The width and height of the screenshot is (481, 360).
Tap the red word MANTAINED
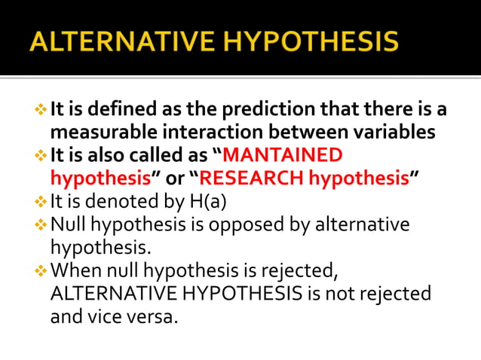coord(283,156)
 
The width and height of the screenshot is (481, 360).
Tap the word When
coord(73,270)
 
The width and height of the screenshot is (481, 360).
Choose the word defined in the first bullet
coord(115,109)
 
